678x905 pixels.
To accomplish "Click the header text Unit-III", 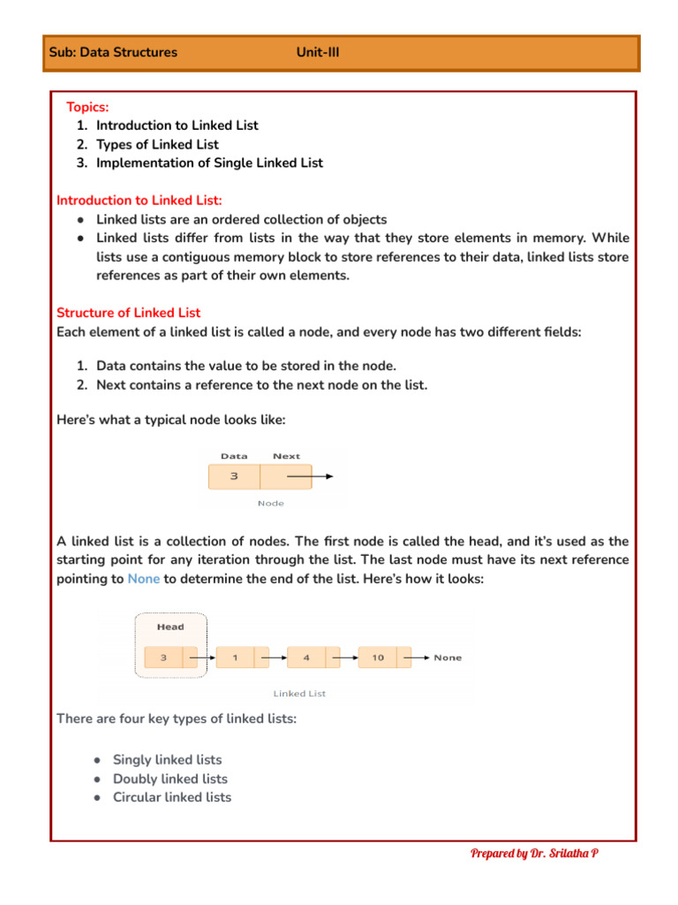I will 318,52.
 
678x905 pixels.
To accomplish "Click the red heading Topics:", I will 87,107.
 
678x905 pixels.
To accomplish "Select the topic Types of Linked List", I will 157,144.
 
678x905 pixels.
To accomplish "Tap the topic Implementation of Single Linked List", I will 209,163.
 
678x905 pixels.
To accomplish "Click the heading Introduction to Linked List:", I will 139,201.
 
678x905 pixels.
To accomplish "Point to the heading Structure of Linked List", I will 128,313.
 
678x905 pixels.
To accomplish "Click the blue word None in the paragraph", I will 144,579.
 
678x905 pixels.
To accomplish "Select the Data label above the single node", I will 234,456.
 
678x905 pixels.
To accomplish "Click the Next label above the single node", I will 286,456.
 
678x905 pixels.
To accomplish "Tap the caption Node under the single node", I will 270,504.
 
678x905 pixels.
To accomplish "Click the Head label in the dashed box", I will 170,627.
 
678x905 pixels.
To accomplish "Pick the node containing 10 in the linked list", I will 378,658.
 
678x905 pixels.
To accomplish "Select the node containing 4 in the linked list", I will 306,658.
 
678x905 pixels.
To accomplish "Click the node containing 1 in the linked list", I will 235,658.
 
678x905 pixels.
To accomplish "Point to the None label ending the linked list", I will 448,658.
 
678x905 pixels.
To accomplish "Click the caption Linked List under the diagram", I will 299,694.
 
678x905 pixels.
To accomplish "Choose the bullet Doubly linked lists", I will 169,779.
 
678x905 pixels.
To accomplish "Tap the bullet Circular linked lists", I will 172,797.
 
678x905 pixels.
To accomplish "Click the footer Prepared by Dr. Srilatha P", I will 534,853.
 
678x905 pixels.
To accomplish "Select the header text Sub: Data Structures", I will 113,52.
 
